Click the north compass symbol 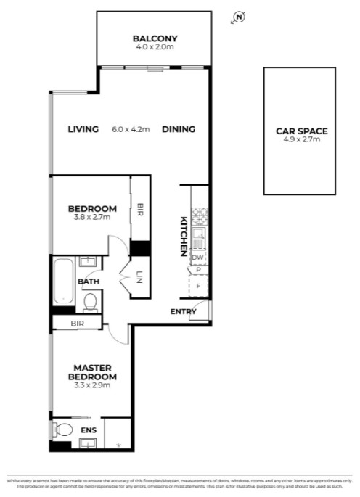(x=239, y=17)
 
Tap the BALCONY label (x=155, y=38)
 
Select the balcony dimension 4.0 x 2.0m (x=155, y=47)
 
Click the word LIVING (x=83, y=130)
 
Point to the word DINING (x=179, y=130)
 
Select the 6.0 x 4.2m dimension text (x=131, y=130)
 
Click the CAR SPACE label (x=301, y=131)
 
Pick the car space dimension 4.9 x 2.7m (x=301, y=139)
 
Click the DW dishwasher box (x=197, y=258)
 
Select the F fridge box (x=198, y=286)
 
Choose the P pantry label (x=198, y=270)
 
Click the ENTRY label (x=183, y=312)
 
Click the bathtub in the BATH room (x=63, y=282)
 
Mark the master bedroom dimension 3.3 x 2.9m (x=92, y=385)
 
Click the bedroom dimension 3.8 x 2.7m (x=91, y=216)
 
